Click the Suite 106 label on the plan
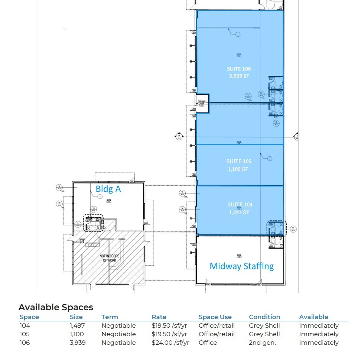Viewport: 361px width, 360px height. click(x=239, y=69)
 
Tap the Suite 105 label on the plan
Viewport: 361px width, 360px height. click(x=239, y=161)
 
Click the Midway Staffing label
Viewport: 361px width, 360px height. click(x=241, y=266)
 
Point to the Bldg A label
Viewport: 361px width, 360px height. click(x=108, y=189)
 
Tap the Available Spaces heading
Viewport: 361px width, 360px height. click(x=56, y=307)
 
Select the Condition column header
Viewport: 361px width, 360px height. click(x=264, y=317)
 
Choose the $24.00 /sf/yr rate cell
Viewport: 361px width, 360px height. click(x=170, y=343)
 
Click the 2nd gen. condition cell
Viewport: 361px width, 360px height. click(x=262, y=343)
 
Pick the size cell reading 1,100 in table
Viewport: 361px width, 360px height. click(x=77, y=334)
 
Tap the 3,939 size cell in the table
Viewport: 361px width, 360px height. click(x=78, y=343)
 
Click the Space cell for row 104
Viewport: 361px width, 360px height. click(x=25, y=325)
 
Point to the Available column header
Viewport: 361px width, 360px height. click(x=313, y=317)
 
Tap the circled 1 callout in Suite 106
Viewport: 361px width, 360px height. click(x=238, y=34)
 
